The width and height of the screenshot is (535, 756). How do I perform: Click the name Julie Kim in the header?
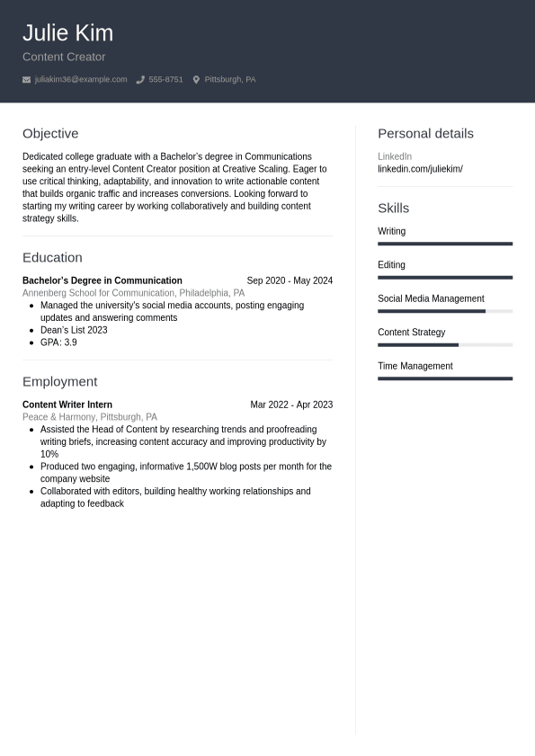[x=67, y=33]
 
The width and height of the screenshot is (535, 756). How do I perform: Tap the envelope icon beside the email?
[x=26, y=80]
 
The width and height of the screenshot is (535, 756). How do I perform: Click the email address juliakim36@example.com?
[x=81, y=80]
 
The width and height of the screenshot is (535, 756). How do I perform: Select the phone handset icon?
[x=140, y=80]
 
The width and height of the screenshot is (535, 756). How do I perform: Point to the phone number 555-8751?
[x=165, y=80]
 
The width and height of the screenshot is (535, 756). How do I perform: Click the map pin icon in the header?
[x=196, y=80]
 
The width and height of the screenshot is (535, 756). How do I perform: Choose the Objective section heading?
[x=50, y=133]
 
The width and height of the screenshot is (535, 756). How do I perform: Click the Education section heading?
[x=52, y=257]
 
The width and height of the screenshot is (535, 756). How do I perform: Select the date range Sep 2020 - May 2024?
[x=290, y=280]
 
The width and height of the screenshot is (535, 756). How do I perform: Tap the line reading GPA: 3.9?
[x=58, y=342]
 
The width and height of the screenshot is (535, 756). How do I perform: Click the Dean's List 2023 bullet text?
[x=74, y=330]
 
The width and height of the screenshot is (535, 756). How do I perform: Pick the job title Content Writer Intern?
[x=67, y=405]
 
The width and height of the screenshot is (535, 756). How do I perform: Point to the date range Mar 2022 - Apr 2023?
[x=291, y=405]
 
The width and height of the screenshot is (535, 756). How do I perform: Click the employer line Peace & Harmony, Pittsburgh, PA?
[x=90, y=417]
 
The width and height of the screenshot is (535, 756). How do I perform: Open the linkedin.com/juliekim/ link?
[x=420, y=169]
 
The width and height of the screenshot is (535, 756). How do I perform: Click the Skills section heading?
[x=393, y=208]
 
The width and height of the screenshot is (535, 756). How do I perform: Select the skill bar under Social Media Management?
[x=445, y=311]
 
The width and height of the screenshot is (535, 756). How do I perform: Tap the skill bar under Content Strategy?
[x=445, y=344]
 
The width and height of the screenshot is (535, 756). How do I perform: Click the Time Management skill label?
[x=415, y=366]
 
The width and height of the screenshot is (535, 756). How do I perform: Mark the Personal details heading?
[x=425, y=133]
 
